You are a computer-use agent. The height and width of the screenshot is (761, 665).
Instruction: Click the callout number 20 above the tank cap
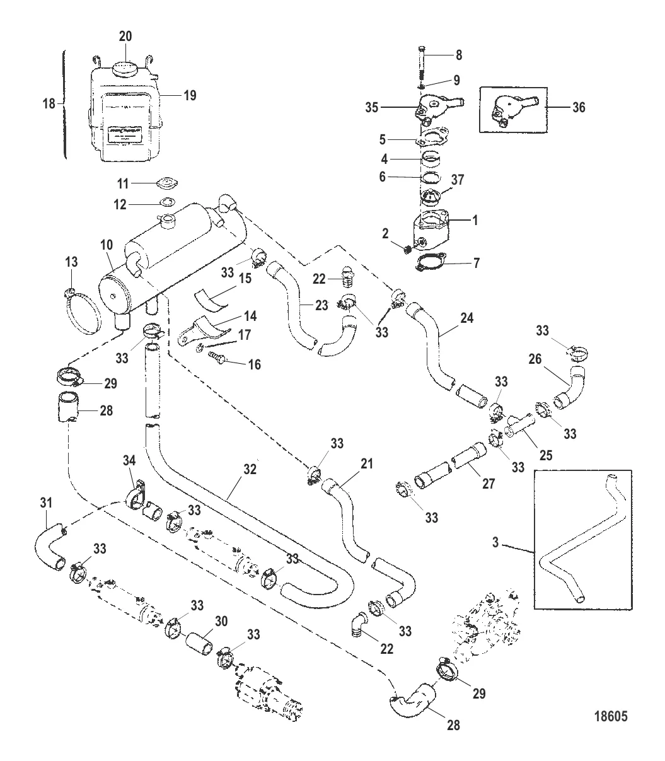125,37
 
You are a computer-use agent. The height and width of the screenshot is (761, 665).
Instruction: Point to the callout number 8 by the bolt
459,55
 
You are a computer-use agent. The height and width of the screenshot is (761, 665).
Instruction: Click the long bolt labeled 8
422,66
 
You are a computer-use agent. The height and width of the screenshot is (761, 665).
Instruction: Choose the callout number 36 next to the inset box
578,108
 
